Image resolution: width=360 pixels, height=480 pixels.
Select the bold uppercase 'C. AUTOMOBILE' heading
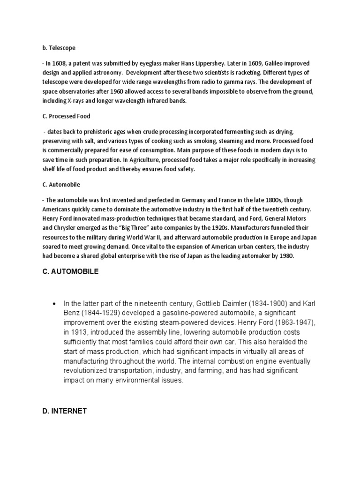pos(70,271)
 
